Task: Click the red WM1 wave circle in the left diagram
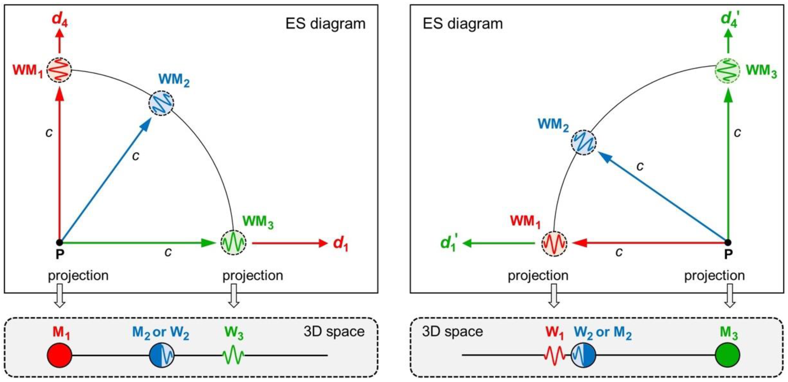pyautogui.click(x=59, y=70)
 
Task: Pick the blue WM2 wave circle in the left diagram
pyautogui.click(x=161, y=103)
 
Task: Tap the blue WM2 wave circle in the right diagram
pyautogui.click(x=583, y=142)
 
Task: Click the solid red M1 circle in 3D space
pyautogui.click(x=60, y=355)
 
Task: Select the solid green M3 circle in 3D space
pyautogui.click(x=727, y=355)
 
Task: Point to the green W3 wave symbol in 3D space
pyautogui.click(x=233, y=355)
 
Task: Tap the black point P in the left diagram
pyautogui.click(x=60, y=243)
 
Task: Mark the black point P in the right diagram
pyautogui.click(x=728, y=243)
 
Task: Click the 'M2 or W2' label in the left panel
pyautogui.click(x=161, y=333)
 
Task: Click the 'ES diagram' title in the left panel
pyautogui.click(x=325, y=24)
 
